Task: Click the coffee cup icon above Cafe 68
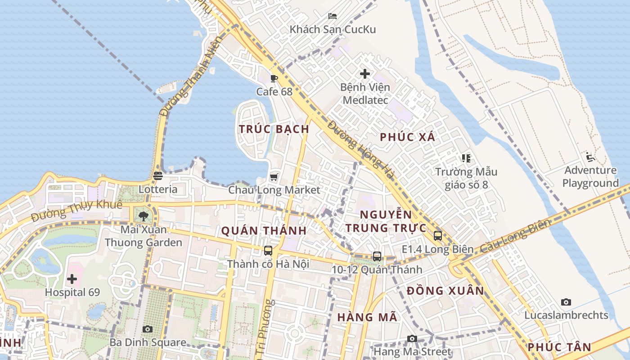tap(274, 79)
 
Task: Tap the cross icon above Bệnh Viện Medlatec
tap(365, 73)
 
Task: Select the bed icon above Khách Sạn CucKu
tap(333, 16)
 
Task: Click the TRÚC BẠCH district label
tap(274, 129)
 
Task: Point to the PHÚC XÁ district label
tap(408, 137)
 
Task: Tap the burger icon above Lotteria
tap(157, 176)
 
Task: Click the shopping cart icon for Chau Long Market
tap(274, 177)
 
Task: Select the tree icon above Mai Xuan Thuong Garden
tap(144, 216)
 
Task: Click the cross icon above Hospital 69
tap(72, 279)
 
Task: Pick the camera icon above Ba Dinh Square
tap(148, 329)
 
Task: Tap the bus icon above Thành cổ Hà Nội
tap(268, 250)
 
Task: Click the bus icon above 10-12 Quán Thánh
tap(377, 256)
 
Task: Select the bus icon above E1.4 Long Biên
tap(437, 235)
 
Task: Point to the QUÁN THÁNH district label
tap(264, 231)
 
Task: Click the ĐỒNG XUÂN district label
tap(445, 291)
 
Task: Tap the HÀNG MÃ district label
tap(367, 317)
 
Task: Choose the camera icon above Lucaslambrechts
tap(566, 302)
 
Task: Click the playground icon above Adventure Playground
tap(590, 157)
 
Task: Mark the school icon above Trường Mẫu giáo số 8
tap(466, 158)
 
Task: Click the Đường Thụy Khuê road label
tap(77, 211)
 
